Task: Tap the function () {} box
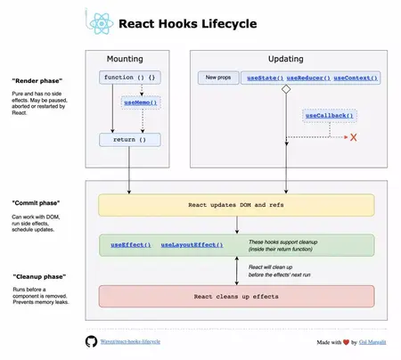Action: [x=130, y=78]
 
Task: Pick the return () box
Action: [x=130, y=140]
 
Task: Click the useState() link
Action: [x=265, y=78]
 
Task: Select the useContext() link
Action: [x=356, y=78]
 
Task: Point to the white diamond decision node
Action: [x=286, y=91]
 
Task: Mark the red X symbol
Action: [x=353, y=137]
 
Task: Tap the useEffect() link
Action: [x=130, y=244]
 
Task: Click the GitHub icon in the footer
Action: [x=90, y=341]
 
